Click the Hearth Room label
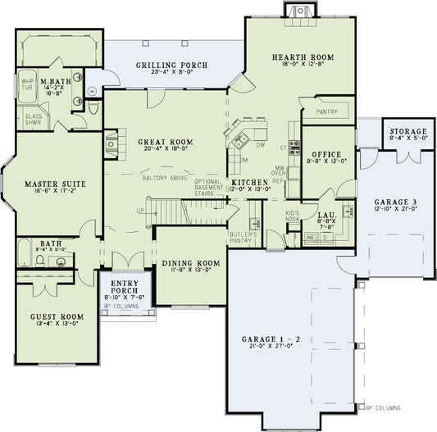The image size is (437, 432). point(299,57)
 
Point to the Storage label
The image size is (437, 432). point(408,132)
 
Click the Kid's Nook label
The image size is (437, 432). point(294,216)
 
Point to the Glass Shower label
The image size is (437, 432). point(34,119)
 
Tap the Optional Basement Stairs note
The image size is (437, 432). point(211,188)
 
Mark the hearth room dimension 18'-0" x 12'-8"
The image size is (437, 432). point(299,66)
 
